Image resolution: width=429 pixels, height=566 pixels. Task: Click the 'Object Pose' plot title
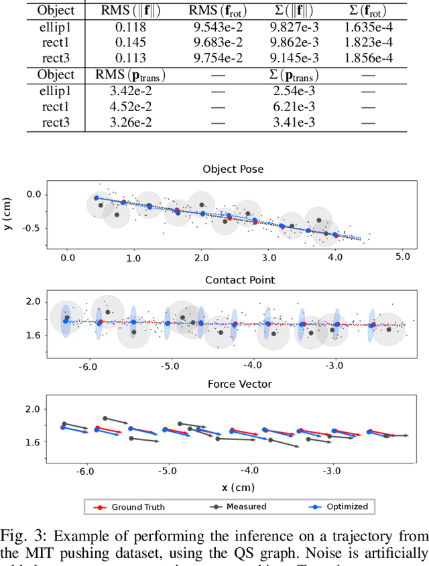(233, 169)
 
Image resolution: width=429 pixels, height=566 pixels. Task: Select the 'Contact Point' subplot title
(233, 279)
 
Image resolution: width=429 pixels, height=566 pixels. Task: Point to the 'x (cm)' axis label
(233, 487)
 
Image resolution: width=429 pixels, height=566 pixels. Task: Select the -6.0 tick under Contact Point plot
(88, 366)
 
